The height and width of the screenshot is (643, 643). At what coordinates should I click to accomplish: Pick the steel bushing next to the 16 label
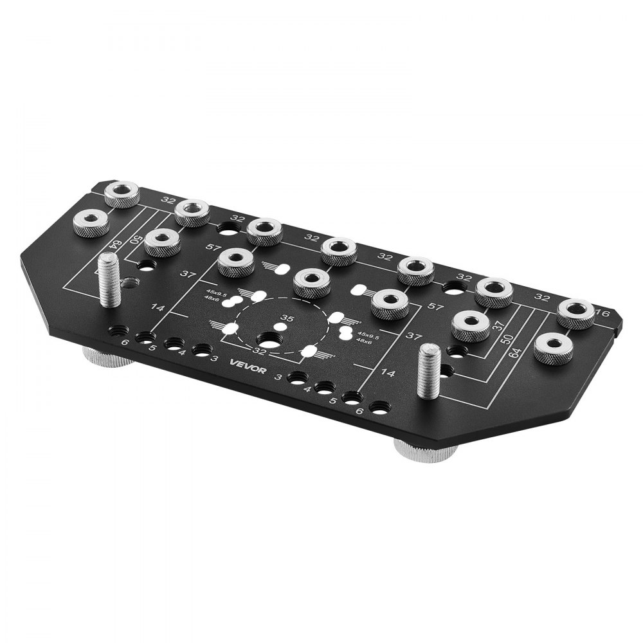[x=575, y=312]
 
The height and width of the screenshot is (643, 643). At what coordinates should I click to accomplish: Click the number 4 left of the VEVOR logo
[x=183, y=353]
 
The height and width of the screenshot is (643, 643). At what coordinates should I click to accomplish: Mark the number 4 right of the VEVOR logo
[x=307, y=389]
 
